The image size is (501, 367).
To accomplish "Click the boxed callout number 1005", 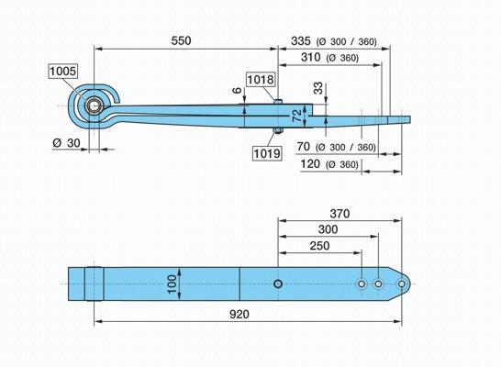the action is point(63,71).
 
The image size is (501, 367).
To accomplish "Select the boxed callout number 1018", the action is point(261,79).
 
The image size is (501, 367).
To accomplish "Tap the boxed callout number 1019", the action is point(267,153).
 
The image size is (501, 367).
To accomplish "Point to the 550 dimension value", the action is point(181,41).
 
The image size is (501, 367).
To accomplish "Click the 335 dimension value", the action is point(301,41).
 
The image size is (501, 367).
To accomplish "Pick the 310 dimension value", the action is point(310,57).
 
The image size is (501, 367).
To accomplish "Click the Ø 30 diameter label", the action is point(66,143).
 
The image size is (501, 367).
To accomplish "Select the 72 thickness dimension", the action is point(297,116).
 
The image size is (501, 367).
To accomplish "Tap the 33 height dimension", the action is point(317,88).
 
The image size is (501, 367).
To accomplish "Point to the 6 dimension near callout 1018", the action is point(237,90).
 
